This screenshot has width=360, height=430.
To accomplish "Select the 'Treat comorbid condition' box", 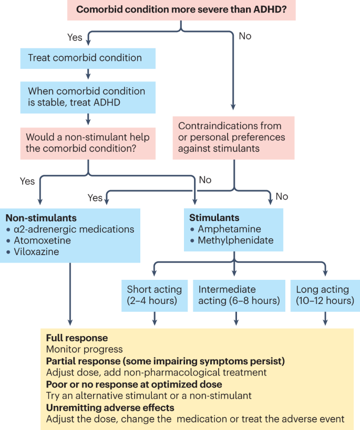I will (x=84, y=58).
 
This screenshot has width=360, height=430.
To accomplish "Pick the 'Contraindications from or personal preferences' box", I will (x=233, y=138).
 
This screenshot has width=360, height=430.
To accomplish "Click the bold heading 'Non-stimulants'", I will (x=41, y=218).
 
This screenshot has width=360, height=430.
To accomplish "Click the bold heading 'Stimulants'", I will (x=214, y=218).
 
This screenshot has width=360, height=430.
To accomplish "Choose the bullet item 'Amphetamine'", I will (x=229, y=229).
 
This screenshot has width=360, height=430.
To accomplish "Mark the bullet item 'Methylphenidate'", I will (x=236, y=241).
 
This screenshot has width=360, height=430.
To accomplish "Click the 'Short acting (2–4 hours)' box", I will (x=155, y=295).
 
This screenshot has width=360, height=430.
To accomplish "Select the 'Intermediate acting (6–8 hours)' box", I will (x=235, y=295).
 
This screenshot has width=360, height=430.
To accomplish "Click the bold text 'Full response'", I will (x=77, y=338).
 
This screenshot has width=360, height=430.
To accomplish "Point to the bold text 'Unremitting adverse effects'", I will (x=110, y=407).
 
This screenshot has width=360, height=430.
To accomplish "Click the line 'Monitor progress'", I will (x=84, y=350).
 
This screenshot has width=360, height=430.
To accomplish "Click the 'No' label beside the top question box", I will (x=245, y=36).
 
